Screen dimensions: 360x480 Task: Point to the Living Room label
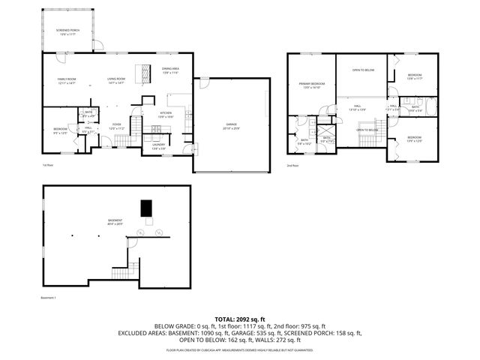point(115,80)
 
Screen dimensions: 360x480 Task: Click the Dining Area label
point(170,70)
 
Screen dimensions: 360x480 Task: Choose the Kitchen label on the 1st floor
point(166,115)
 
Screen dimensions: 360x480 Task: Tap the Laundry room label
point(159,146)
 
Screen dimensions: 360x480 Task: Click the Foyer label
point(116,126)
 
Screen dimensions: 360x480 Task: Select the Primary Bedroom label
point(312,85)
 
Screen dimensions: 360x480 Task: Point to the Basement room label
point(115,222)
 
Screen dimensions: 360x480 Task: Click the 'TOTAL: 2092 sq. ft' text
point(240,319)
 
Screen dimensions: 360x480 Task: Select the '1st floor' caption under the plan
point(47,166)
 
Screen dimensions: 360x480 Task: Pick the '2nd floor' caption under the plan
point(292,166)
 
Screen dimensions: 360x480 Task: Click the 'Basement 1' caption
point(49,297)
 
